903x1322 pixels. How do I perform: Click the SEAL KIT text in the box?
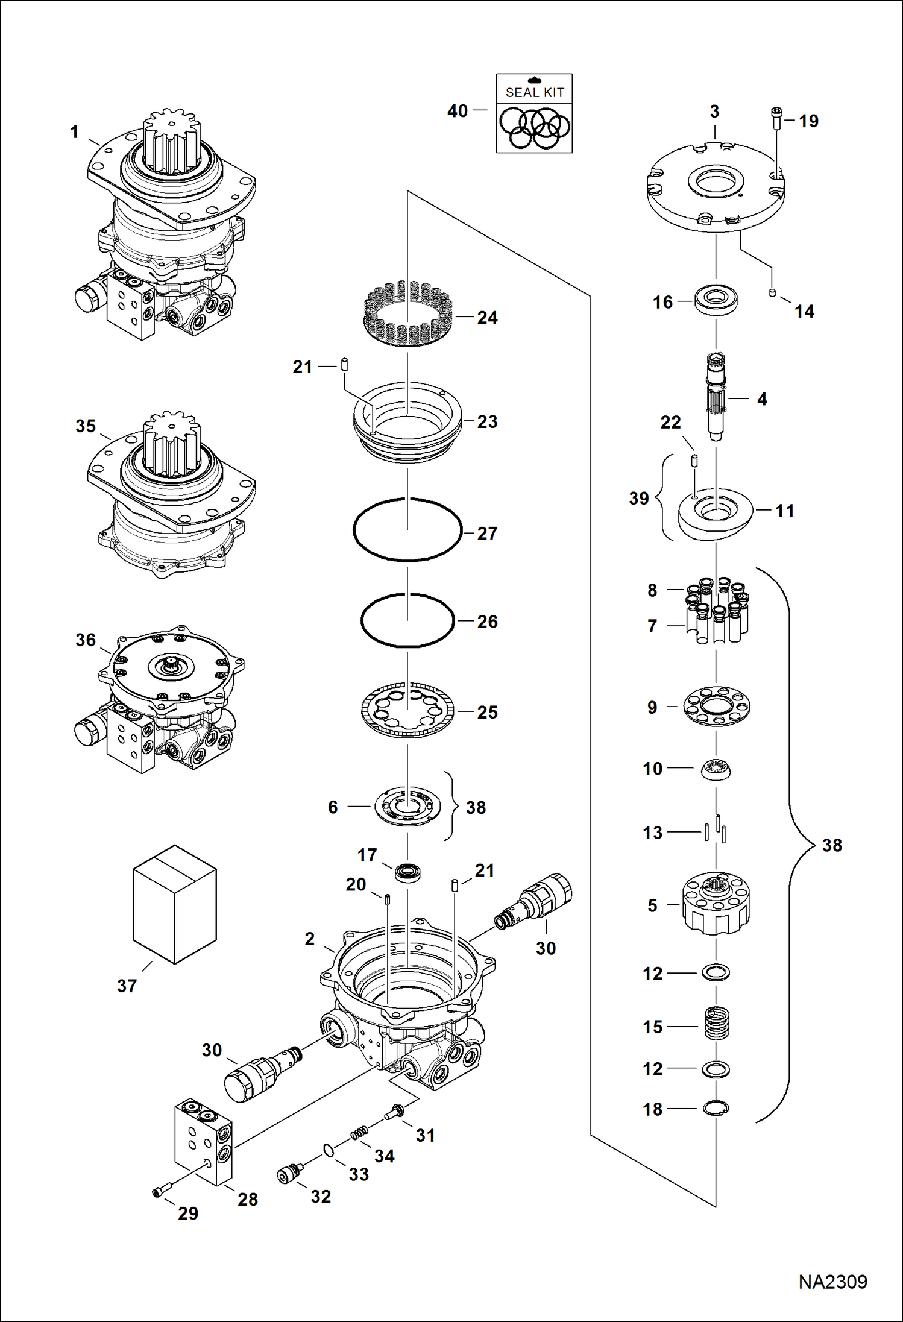point(534,92)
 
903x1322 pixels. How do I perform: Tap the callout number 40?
point(458,111)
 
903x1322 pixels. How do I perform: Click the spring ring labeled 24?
point(407,313)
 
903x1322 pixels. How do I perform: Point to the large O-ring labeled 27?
point(407,529)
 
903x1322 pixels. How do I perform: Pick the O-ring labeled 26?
point(407,621)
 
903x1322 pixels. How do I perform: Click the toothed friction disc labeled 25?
point(407,711)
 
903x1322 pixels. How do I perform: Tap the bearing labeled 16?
point(716,300)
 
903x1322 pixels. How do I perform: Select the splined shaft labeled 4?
point(716,398)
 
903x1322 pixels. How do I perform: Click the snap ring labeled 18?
point(716,1107)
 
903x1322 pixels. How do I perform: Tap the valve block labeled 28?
point(203,1141)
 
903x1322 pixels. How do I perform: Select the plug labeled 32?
point(289,1175)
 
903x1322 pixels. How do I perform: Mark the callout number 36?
point(86,640)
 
